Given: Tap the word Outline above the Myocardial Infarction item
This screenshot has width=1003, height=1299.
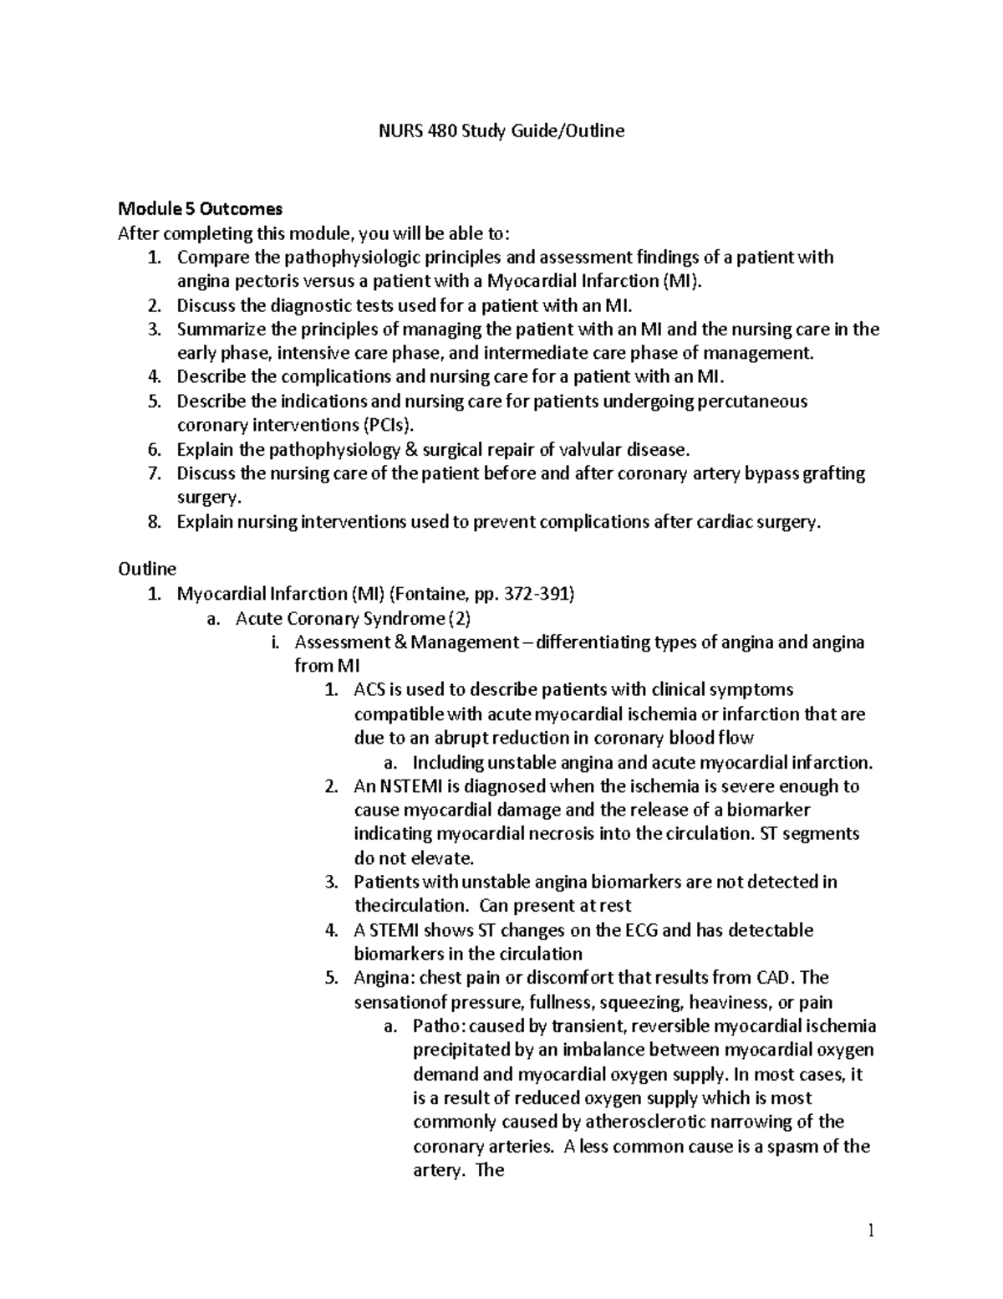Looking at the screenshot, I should click(x=147, y=570).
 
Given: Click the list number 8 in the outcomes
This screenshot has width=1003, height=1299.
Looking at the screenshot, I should click(x=153, y=522).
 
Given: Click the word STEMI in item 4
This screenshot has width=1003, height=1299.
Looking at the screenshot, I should click(x=393, y=930).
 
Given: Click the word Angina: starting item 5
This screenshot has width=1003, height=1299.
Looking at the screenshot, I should click(x=384, y=978).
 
